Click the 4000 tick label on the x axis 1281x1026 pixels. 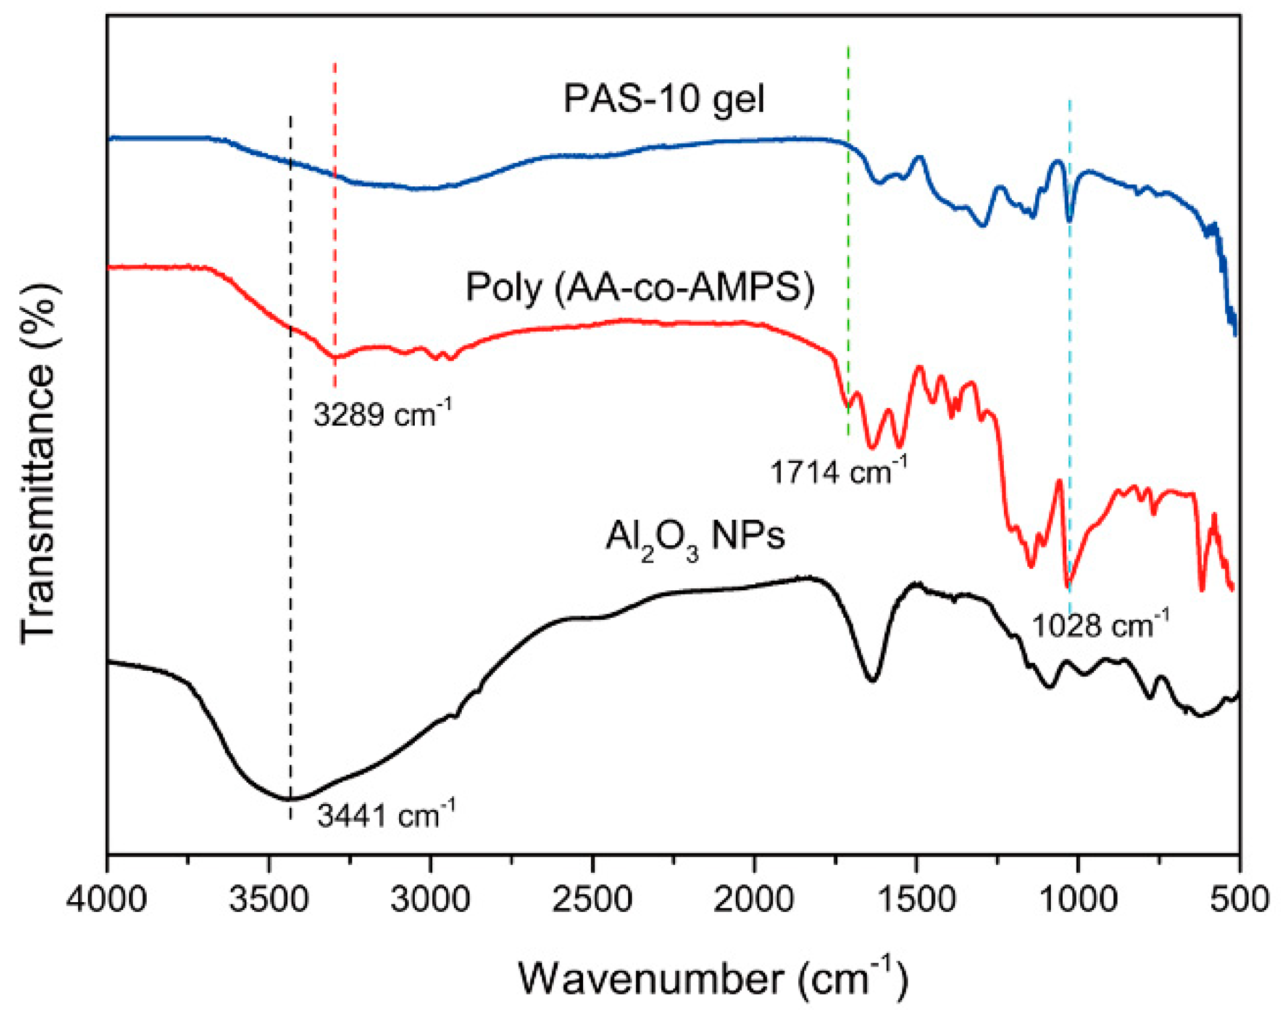(106, 900)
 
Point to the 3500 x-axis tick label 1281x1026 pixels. (269, 900)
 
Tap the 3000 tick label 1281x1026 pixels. (430, 900)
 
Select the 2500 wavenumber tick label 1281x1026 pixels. (592, 900)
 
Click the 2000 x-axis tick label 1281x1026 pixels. (754, 900)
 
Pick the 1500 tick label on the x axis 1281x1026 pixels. (916, 900)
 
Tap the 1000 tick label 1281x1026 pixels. (1078, 900)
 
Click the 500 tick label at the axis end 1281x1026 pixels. (1240, 900)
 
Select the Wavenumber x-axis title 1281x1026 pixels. (712, 979)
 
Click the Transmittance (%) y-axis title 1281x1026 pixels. (38, 463)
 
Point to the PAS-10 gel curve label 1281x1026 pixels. (664, 99)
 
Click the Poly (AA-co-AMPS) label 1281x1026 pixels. (640, 287)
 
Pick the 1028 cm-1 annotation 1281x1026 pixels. (1100, 625)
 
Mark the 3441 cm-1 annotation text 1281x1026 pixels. (385, 816)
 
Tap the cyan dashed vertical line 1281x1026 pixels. (1069, 361)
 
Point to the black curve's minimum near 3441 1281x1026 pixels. (290, 799)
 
